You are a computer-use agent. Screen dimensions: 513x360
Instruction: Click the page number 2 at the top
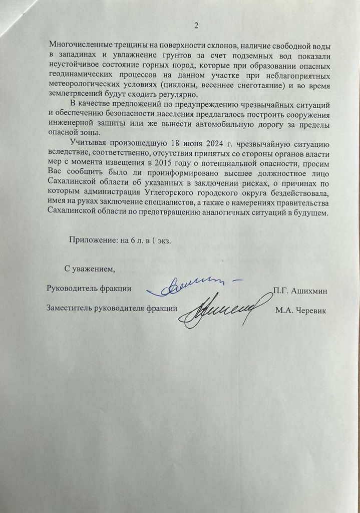(x=196, y=25)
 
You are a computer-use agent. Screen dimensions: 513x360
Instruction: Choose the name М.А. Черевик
(x=300, y=311)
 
